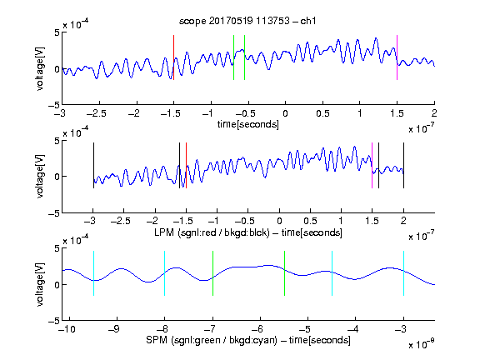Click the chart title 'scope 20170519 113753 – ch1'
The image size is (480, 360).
point(247,21)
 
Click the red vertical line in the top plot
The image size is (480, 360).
point(173,57)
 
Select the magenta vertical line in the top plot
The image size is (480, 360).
point(397,57)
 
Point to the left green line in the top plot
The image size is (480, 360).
point(233,57)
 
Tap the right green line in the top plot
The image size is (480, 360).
point(245,57)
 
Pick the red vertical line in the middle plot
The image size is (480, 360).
point(186,165)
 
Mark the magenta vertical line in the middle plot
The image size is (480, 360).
point(372,165)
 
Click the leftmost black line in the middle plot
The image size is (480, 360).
point(93,165)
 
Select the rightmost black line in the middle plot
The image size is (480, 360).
point(403,165)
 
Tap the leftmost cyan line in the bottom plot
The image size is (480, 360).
point(93,273)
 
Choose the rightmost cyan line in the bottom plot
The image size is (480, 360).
point(403,273)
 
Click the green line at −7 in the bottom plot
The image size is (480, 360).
point(212,273)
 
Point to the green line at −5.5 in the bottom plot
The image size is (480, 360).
point(284,273)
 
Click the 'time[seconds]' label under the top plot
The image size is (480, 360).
point(248,124)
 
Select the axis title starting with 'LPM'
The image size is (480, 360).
point(248,232)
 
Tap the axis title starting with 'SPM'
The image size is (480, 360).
point(248,340)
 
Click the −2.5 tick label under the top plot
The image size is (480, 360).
point(97,113)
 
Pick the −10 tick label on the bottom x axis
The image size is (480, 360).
point(67,329)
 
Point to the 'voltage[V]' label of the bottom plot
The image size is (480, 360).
point(40,284)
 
